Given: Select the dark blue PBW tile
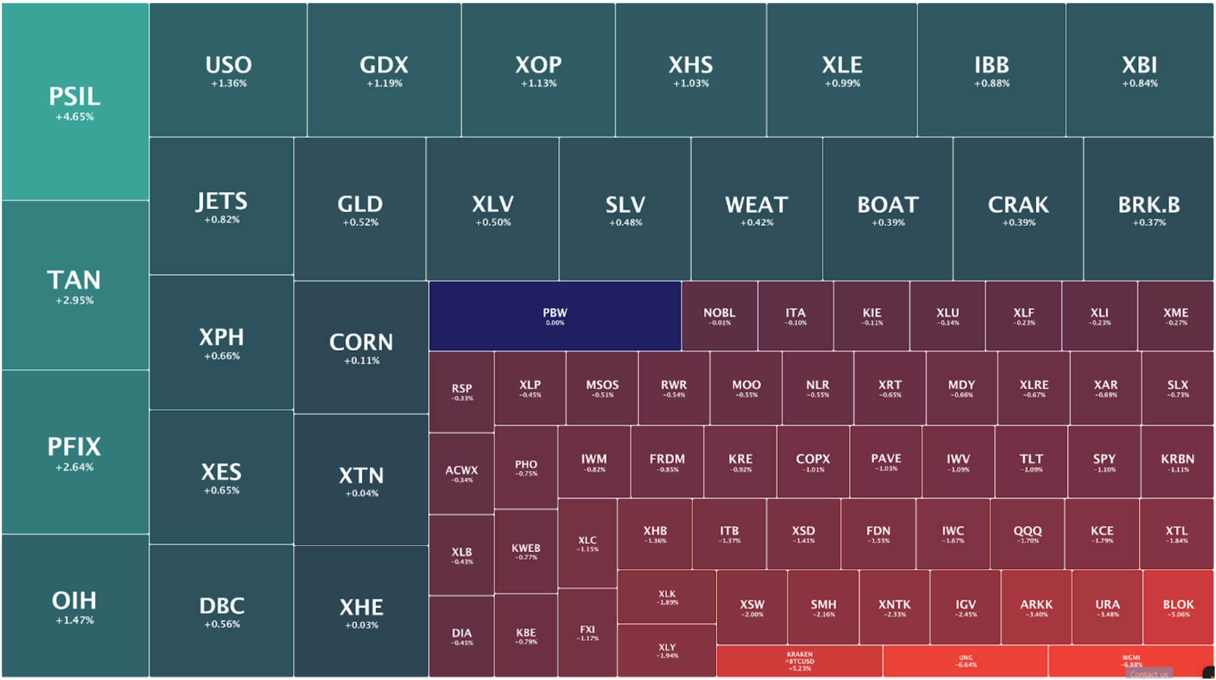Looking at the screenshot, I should (555, 316).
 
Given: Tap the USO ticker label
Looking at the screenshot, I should (229, 65).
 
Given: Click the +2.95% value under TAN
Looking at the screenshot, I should (75, 300).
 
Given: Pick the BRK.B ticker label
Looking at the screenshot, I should (1149, 205).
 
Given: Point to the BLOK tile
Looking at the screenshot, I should (1178, 607).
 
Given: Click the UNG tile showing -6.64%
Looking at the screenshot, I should (965, 661).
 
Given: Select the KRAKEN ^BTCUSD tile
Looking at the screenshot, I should (799, 661).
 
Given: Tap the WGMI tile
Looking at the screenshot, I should (1130, 660).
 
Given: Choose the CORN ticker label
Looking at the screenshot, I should (361, 343).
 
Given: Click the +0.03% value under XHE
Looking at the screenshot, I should (362, 625).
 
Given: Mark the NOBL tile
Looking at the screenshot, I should (719, 316).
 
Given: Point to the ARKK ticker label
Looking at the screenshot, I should (1036, 605).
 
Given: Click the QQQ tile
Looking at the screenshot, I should (1027, 534).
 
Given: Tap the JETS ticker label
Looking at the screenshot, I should (221, 202).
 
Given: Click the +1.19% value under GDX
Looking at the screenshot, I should (384, 84).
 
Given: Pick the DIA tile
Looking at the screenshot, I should (462, 636).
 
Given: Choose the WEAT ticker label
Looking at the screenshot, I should (757, 205).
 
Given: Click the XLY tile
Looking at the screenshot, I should (667, 650).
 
